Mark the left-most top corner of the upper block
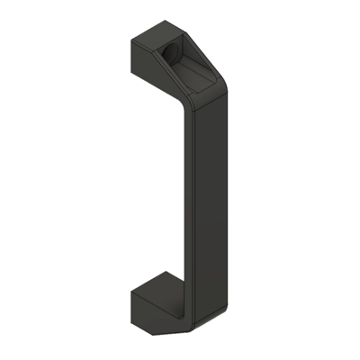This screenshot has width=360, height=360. [130, 40]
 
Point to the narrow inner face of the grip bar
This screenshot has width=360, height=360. [188, 198]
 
